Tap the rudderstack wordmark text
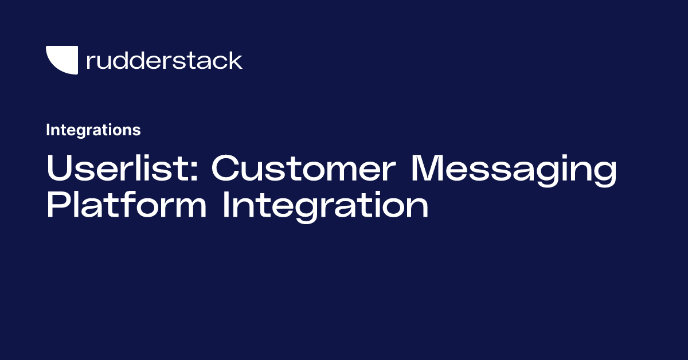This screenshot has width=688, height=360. tap(164, 60)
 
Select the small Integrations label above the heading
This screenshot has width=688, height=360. tap(93, 130)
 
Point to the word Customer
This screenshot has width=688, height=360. tap(302, 169)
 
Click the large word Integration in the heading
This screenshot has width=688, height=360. tap(325, 206)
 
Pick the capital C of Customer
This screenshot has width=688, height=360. tap(225, 169)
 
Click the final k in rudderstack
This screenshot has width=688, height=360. tap(236, 60)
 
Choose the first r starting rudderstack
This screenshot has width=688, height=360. tap(90, 62)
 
